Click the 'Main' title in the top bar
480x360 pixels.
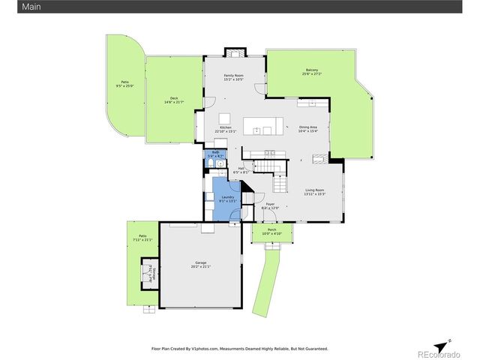tap(10, 6)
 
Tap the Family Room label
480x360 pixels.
tap(234, 77)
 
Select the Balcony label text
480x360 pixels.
tap(311, 73)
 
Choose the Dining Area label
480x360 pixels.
tap(308, 129)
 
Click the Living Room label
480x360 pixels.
tap(314, 192)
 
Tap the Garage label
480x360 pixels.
tap(200, 264)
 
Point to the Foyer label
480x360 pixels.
tap(270, 206)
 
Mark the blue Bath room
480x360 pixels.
tap(215, 160)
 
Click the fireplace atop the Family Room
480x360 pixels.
tap(234, 53)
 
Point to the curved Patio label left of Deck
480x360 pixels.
tap(124, 85)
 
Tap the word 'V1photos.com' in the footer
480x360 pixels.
tap(205, 349)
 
